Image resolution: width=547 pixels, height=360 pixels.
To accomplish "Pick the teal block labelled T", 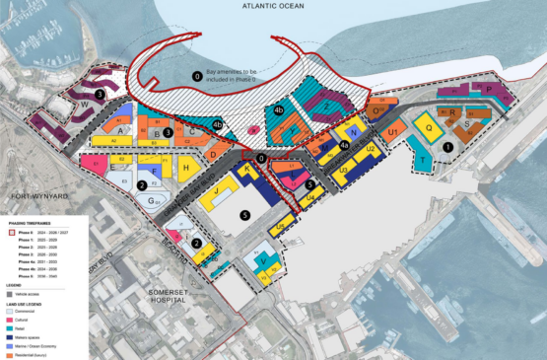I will [x=421, y=158].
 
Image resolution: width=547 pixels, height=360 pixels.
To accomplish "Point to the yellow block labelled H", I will [x=185, y=169].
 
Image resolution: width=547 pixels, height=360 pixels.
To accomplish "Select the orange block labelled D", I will [x=213, y=156].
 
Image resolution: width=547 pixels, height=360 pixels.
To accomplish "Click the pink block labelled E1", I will [x=100, y=161].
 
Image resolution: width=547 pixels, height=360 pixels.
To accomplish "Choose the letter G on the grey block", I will [x=156, y=198].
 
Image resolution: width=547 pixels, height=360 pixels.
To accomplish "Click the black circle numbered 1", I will [x=447, y=146].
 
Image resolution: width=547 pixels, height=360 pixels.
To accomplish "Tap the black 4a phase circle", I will [x=344, y=147].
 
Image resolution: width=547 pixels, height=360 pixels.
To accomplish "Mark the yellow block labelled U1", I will [x=392, y=132].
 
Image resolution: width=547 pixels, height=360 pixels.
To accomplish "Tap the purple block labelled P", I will [x=490, y=89].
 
